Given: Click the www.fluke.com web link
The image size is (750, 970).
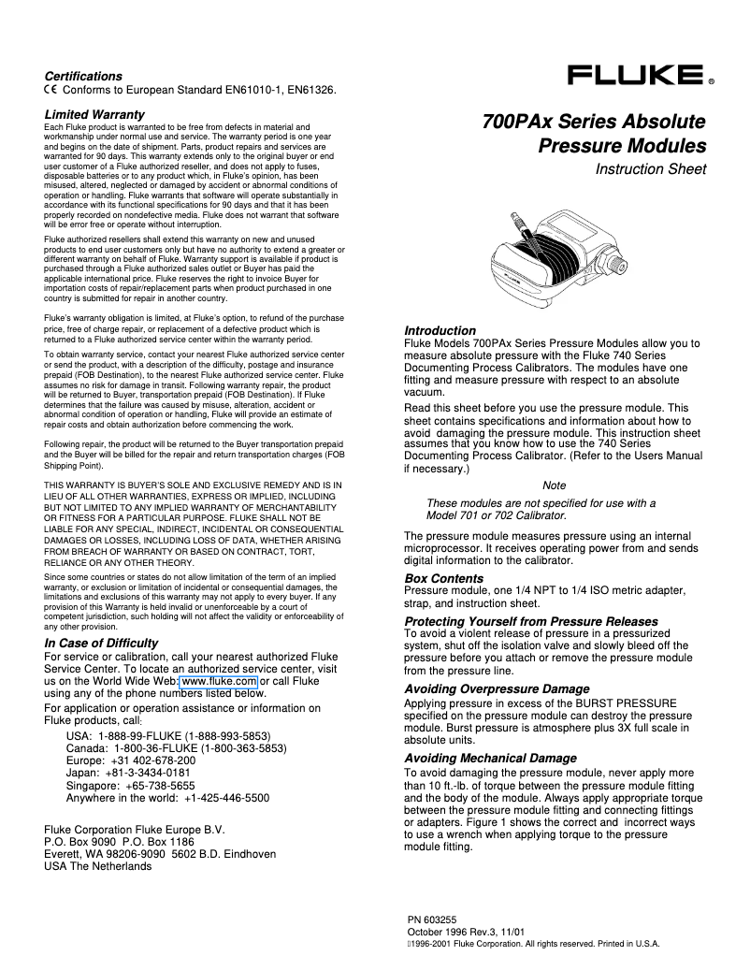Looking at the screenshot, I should point(219,682).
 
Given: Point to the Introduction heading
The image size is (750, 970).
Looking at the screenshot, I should point(440,331).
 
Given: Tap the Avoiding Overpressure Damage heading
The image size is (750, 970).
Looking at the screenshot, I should point(497,688).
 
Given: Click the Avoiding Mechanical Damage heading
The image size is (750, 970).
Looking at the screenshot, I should point(490,758).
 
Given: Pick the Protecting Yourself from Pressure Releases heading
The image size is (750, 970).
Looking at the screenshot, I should point(530,621).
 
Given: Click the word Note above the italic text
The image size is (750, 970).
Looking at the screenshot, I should point(554,485).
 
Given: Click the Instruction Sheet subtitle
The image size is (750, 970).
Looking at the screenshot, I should point(651,169).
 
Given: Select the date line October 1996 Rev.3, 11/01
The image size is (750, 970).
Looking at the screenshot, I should point(466,933).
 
